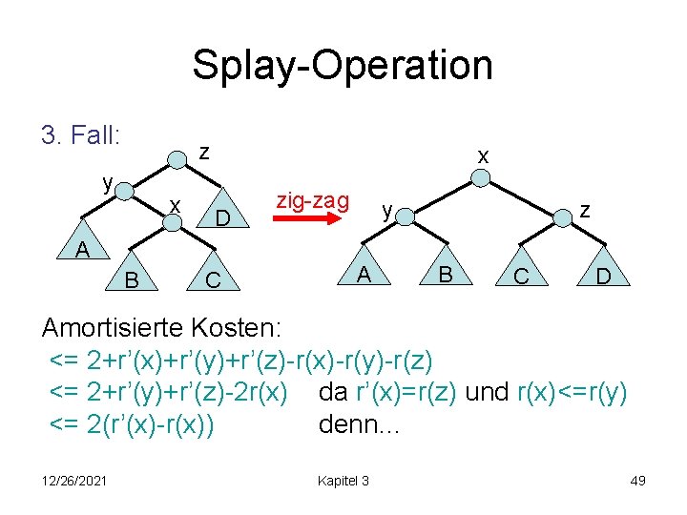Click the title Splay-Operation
[343, 66]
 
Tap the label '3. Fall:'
[80, 136]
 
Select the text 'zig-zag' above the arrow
[312, 200]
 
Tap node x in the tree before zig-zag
[173, 220]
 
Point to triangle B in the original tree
[132, 276]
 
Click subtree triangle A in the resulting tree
[364, 272]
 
